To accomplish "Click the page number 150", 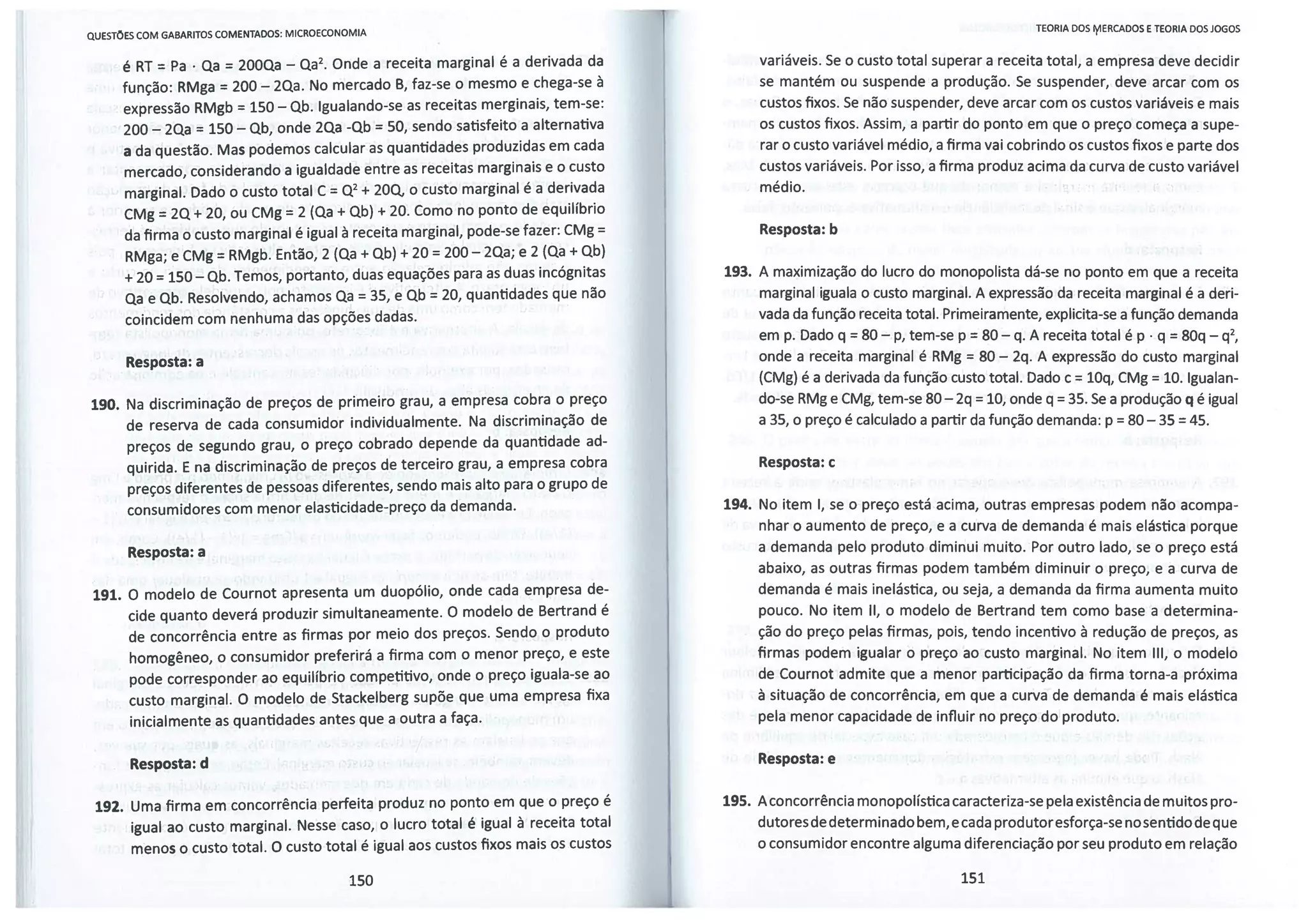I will [x=361, y=881].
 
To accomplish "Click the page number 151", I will [x=972, y=878].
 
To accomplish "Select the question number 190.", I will [x=105, y=405].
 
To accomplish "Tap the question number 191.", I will [x=107, y=595].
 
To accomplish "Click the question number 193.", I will [x=737, y=272].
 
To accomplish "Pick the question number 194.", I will [x=736, y=504].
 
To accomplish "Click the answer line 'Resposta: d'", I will [x=169, y=764].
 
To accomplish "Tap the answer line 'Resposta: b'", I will [x=798, y=230].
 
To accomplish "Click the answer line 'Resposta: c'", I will [x=796, y=462].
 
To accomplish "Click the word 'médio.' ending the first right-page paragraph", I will [x=781, y=187].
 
